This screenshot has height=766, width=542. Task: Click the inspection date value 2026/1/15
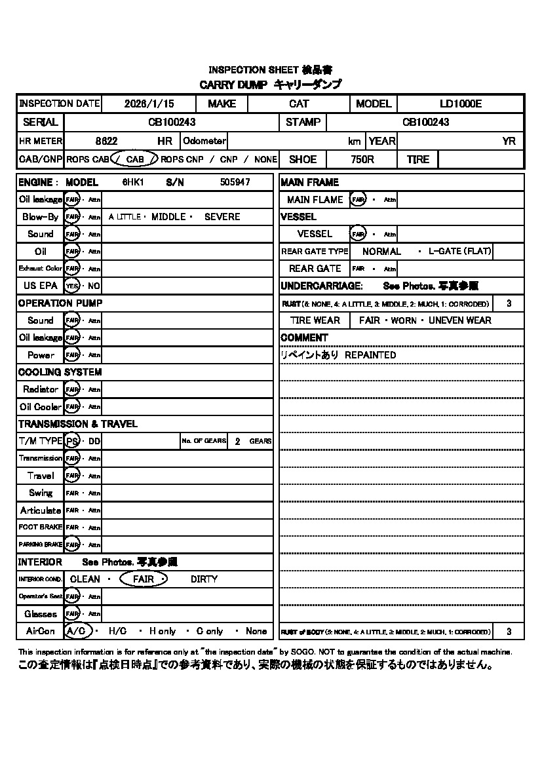[149, 104]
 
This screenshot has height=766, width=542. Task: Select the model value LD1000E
[460, 104]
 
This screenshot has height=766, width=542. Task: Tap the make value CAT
[299, 104]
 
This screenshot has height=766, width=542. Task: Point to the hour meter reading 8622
[106, 141]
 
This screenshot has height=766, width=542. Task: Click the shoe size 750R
[362, 159]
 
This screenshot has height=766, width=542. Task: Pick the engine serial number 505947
[235, 182]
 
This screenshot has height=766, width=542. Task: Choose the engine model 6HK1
[133, 182]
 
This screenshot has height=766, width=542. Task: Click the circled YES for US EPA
[72, 286]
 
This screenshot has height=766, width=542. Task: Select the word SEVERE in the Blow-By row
[222, 216]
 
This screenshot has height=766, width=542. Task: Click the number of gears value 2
[237, 441]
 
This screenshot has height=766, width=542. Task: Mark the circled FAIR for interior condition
[144, 579]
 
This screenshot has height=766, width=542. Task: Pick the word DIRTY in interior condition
[204, 579]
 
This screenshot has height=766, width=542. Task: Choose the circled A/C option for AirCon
[76, 631]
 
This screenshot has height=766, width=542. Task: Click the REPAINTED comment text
[370, 354]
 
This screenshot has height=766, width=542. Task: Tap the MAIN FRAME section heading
[309, 182]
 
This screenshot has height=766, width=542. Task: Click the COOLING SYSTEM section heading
[60, 372]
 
